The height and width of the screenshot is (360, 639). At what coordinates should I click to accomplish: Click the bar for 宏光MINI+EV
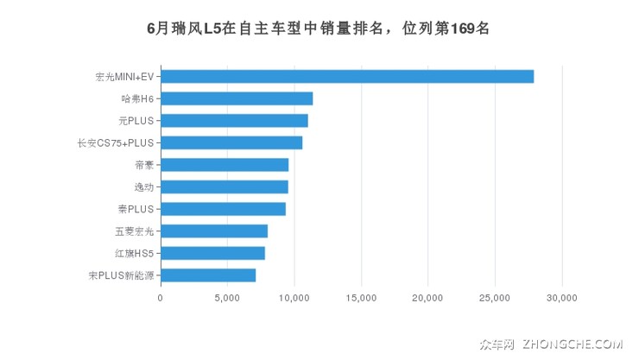click(x=346, y=76)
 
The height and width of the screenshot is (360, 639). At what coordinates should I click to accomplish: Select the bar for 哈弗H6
click(x=236, y=98)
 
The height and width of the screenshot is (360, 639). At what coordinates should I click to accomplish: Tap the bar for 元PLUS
click(x=233, y=120)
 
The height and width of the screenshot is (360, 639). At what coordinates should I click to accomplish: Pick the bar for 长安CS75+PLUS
click(x=231, y=142)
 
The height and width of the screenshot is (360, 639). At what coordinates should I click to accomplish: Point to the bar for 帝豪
click(x=224, y=165)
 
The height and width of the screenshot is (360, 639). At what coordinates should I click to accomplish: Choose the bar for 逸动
click(x=224, y=186)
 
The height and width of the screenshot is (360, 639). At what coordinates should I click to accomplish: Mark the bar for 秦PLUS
click(x=223, y=209)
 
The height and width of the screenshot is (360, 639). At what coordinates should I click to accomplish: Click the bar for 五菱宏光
click(x=213, y=231)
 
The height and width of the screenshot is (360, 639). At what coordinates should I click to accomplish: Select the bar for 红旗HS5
click(x=212, y=253)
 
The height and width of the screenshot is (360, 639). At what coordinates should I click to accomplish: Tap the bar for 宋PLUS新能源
click(x=207, y=275)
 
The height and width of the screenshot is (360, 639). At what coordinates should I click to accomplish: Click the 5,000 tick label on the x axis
click(x=227, y=298)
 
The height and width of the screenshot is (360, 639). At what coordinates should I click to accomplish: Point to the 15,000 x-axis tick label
click(x=361, y=298)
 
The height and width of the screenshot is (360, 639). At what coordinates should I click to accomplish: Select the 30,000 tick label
click(x=561, y=298)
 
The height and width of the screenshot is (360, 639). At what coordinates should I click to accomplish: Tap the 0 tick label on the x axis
click(x=161, y=298)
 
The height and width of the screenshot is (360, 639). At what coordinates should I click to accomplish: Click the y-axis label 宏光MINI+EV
click(x=123, y=77)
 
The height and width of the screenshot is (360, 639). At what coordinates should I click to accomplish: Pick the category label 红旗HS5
click(x=133, y=253)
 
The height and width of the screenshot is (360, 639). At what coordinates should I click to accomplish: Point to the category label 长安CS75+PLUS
click(x=117, y=142)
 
